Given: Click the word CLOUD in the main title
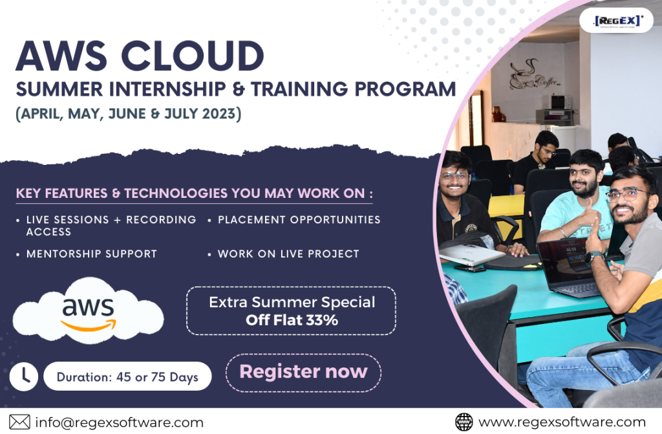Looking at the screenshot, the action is coord(193,56).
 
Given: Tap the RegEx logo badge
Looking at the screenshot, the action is coord(617,20).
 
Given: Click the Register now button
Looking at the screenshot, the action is coord(304,373).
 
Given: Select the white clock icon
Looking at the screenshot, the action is coord(24,376).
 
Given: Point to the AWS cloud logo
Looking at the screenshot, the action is coord(88,310).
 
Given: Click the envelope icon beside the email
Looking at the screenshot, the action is coord(19,422).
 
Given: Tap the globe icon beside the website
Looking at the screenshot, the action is coord(464,422).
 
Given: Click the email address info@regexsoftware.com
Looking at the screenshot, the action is coord(119,422).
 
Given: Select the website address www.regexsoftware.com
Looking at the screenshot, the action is coord(562,422).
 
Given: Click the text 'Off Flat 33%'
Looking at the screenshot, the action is coord(292,320).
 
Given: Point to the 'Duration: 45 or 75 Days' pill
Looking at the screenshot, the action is coord(127,376).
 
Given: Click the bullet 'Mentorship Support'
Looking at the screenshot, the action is coord(92,254).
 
